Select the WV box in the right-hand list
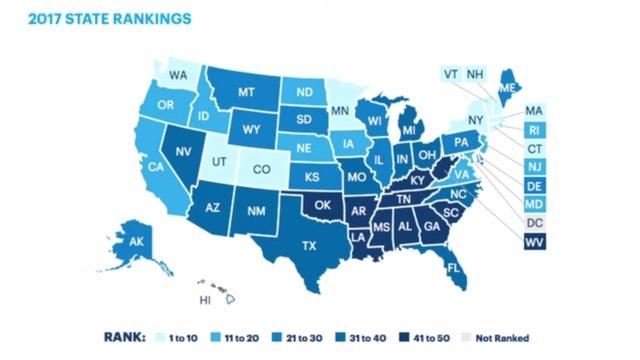coord(533,243)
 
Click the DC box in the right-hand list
coord(533,223)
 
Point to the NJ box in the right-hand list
coord(533,166)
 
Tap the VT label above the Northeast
coord(452,73)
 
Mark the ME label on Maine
coord(505,89)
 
